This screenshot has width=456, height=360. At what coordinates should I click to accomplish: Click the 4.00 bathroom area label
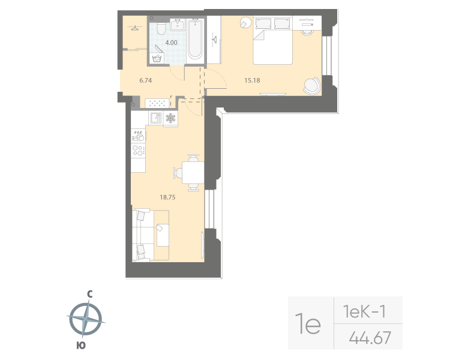tap(172, 43)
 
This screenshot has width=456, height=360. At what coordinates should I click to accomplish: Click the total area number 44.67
tap(370, 338)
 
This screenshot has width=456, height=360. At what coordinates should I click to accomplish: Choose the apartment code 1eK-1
tap(363, 311)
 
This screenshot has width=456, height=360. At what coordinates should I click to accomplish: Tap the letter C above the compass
tap(89, 294)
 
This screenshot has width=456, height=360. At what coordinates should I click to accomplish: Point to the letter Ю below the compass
tap(81, 345)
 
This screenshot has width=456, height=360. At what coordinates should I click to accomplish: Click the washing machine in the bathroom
tap(157, 58)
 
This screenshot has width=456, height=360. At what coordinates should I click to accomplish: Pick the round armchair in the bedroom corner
tap(311, 86)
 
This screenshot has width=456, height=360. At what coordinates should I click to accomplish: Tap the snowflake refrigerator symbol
tap(170, 118)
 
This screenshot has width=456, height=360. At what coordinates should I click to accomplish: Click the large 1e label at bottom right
tap(309, 324)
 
